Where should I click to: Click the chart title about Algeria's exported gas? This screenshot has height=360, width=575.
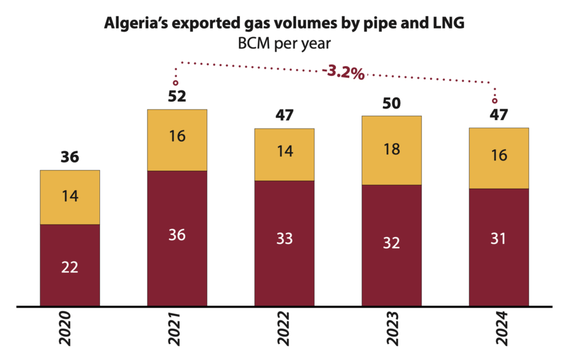point(284,24)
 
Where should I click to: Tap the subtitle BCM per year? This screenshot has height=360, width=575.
point(284,43)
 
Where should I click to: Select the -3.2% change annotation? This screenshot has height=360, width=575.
point(343,72)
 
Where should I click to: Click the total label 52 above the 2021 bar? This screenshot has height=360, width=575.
point(177,97)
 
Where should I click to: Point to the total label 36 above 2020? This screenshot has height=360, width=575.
point(70,157)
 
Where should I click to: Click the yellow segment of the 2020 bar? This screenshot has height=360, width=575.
point(70,197)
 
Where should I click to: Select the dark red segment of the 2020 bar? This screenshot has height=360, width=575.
point(70,266)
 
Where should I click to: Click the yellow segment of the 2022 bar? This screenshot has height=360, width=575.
point(284,154)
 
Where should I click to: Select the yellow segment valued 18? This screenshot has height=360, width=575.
point(391,150)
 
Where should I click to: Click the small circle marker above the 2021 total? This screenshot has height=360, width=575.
point(176,83)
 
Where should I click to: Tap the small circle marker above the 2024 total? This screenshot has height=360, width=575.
point(495,101)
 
